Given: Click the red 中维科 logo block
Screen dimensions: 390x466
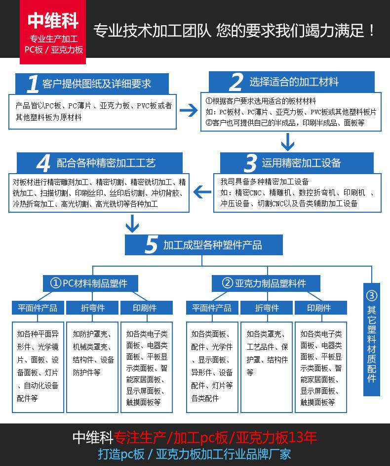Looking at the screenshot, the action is pos(53,32).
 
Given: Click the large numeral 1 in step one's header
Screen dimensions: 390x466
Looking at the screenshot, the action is pos(33,84).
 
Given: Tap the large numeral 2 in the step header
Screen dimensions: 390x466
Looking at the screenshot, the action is pos(236,82).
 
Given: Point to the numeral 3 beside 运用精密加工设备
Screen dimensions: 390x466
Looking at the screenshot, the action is pos(251,163).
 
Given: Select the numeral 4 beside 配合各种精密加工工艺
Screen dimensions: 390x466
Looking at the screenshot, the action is pos(43,163).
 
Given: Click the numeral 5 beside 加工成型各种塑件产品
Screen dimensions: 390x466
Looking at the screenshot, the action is pos(151,245).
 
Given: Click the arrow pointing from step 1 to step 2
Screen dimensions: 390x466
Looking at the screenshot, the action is pos(188,110).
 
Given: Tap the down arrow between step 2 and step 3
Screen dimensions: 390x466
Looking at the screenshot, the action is pos(287,142).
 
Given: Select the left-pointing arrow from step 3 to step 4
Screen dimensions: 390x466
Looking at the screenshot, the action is pos(202,191).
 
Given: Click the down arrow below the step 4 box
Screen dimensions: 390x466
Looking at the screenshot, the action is pos(132,224).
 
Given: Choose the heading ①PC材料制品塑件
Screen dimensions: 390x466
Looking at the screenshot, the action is pos(90,283).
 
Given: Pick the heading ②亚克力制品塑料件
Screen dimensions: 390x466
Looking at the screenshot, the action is pos(266,283).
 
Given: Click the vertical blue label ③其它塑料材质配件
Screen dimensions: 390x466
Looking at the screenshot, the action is pos(372,339).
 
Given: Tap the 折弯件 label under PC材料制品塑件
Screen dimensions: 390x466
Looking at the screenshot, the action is pos(92,308).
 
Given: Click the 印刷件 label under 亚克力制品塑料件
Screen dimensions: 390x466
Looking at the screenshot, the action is pos(320,308).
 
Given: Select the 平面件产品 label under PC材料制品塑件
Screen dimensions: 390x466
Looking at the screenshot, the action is pos(38,308).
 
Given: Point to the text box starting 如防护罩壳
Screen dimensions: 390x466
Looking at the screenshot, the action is pos(92,368).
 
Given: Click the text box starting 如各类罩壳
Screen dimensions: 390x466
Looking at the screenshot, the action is pos(267,368).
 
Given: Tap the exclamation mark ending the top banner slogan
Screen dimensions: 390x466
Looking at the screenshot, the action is pos(372,30).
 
